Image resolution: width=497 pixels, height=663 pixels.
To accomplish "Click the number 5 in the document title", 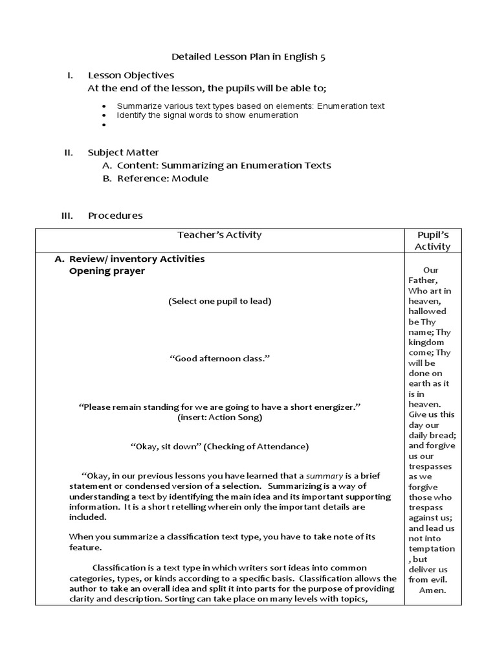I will pyautogui.click(x=322, y=57).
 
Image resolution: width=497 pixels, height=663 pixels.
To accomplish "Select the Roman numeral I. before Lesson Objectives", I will pyautogui.click(x=70, y=76).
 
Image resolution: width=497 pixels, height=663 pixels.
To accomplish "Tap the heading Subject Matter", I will pyautogui.click(x=123, y=153).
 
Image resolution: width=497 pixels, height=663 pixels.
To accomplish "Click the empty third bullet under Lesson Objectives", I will pyautogui.click(x=105, y=124).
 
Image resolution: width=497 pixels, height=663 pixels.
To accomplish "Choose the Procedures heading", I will pyautogui.click(x=115, y=216).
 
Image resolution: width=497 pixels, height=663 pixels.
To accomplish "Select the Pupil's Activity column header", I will pyautogui.click(x=432, y=240).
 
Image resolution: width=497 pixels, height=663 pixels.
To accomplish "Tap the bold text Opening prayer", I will pyautogui.click(x=107, y=271).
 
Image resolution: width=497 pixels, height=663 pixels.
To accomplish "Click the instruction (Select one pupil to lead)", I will pyautogui.click(x=219, y=301).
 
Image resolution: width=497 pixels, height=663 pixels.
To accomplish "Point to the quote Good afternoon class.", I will pyautogui.click(x=219, y=359).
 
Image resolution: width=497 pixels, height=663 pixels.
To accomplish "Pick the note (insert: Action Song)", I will pyautogui.click(x=219, y=418).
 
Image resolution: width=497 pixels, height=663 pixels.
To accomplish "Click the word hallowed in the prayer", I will pyautogui.click(x=427, y=311).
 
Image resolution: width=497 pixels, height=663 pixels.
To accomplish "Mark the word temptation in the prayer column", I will pyautogui.click(x=431, y=548).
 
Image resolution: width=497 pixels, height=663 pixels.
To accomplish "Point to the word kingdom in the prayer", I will pyautogui.click(x=426, y=343).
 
